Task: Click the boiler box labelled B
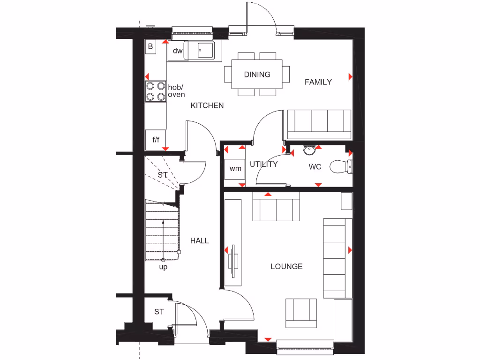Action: pos(150,46)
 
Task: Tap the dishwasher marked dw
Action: pos(177,51)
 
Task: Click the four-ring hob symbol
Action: pos(156,91)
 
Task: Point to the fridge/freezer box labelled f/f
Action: pos(156,139)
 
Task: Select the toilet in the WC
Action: pos(341,167)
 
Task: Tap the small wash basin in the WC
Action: pos(310,150)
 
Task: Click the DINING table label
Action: pos(257,75)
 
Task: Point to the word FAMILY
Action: pos(318,82)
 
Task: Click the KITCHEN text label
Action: pos(207,105)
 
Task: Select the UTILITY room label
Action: pos(263,165)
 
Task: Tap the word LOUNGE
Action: pos(286,266)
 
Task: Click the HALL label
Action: pos(199,240)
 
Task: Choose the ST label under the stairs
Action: pos(162,175)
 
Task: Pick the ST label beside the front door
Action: pos(159,311)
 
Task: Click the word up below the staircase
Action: pos(163,267)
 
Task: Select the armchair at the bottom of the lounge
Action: pos(301,313)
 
